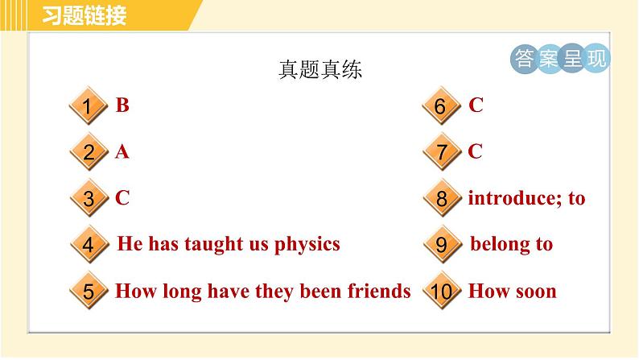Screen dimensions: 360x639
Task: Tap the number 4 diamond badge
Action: coord(89,245)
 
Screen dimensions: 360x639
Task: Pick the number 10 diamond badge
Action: coord(441,292)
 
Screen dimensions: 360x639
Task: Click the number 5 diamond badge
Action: coord(89,292)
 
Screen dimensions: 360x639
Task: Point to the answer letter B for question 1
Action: coord(122,105)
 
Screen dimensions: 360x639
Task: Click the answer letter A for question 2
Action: coord(122,151)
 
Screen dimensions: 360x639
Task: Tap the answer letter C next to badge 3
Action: coord(122,197)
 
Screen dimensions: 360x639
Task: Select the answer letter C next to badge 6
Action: coord(476,105)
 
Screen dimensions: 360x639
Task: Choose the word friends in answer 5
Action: coord(377,291)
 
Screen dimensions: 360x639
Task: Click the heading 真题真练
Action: coord(320,70)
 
